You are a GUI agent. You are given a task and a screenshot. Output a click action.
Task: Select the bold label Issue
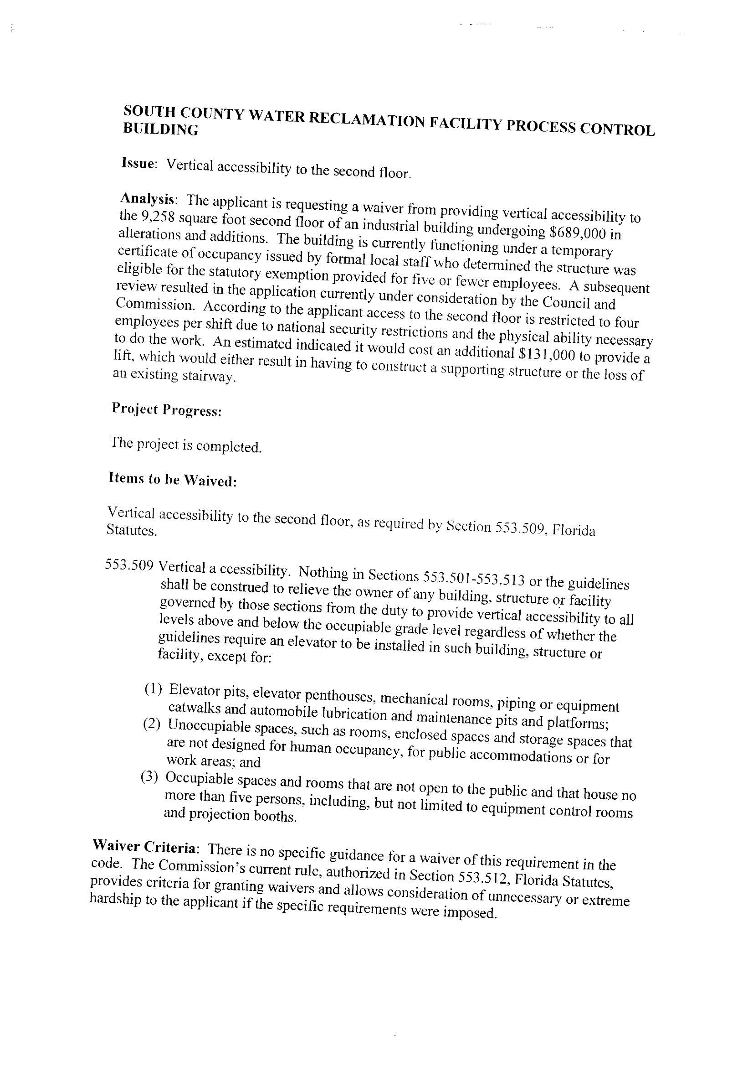(x=137, y=163)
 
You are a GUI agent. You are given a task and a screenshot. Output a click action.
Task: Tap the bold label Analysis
(x=148, y=199)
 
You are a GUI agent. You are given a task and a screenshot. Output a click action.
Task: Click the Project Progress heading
(x=166, y=409)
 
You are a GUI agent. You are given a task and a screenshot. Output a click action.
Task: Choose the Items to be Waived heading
(x=173, y=479)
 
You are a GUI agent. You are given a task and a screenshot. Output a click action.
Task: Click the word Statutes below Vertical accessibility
(x=131, y=530)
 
